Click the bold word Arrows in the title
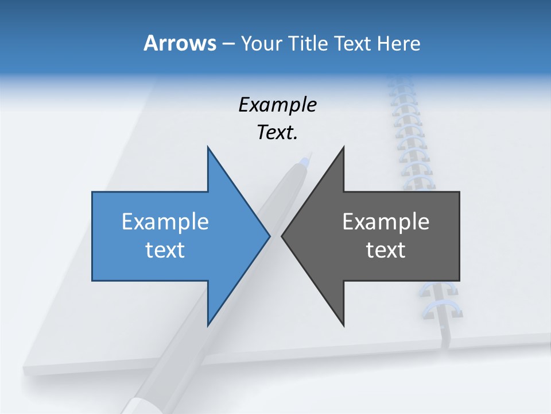tap(180, 43)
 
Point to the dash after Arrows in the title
tap(227, 44)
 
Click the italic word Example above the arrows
tap(277, 105)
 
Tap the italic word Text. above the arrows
tap(277, 132)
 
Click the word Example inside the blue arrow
tap(165, 222)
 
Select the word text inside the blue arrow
tap(165, 250)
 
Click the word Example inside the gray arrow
tap(386, 222)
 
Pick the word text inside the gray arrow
tap(386, 250)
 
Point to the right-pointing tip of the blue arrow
tap(269, 236)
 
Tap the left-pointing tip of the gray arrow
tap(282, 236)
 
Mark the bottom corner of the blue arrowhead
tap(208, 325)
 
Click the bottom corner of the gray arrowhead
tap(343, 325)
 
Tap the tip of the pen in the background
tap(309, 154)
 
